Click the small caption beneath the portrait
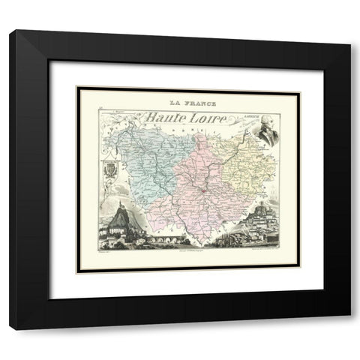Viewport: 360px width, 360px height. pos(265,151)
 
